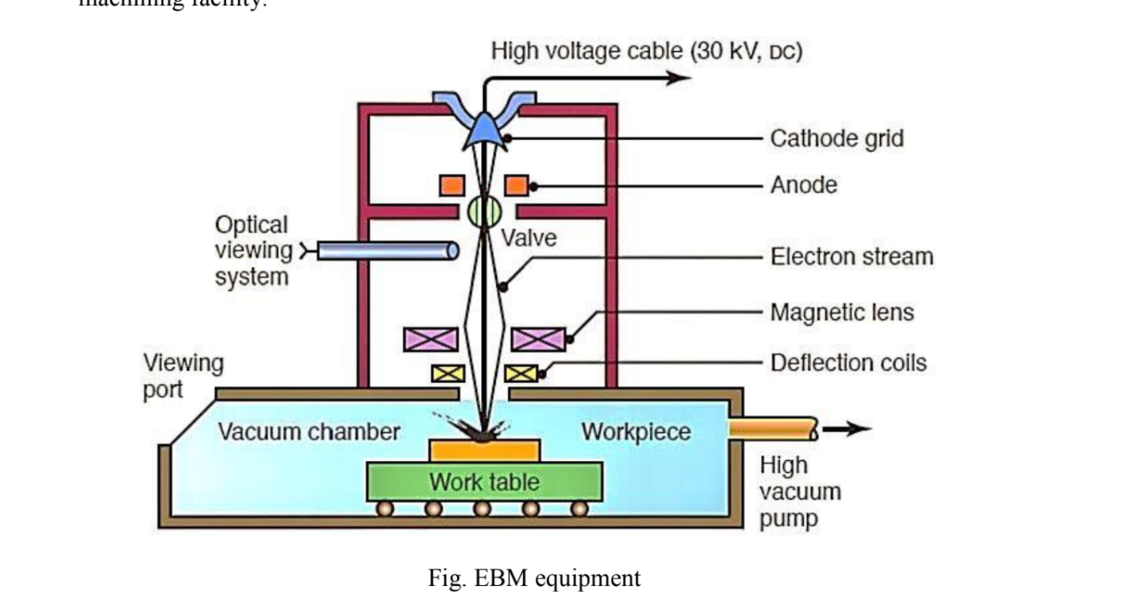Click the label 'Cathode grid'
pos(836,138)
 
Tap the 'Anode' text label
pos(803,185)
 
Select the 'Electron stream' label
pos(852,256)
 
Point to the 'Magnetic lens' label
pos(841,312)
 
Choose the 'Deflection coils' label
pos(848,363)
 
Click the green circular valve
pos(484,210)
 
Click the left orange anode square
pos(451,185)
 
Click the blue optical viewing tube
pos(388,251)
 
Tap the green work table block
pos(484,482)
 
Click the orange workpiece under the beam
pos(484,451)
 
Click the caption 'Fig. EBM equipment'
pos(533,579)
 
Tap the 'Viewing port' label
pos(182,376)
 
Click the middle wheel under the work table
pos(483,509)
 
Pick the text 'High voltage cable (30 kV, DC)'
pos(646,51)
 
